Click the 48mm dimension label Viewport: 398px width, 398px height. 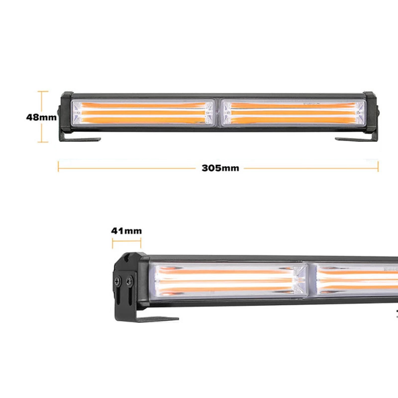pyautogui.click(x=41, y=117)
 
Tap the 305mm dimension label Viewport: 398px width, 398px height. pyautogui.click(x=220, y=168)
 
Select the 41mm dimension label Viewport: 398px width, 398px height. pyautogui.click(x=126, y=231)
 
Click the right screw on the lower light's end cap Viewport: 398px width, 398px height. pyautogui.click(x=129, y=281)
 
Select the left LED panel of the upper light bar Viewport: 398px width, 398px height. pyautogui.click(x=143, y=113)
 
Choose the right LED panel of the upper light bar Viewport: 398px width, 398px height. pyautogui.click(x=294, y=113)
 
